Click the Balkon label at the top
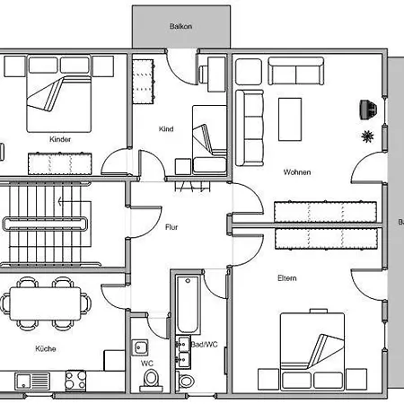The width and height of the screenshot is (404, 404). tap(180, 26)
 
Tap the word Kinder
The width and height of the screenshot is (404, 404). tap(60, 139)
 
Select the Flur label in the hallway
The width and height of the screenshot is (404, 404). tap(171, 227)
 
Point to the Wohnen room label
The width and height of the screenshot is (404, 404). tap(297, 172)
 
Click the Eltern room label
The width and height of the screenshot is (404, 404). tap(287, 278)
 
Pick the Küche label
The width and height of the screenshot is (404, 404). tap(46, 348)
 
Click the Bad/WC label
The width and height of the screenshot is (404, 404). tap(205, 345)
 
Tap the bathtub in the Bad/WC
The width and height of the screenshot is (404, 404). tap(188, 304)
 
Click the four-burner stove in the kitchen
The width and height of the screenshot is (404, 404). tap(75, 380)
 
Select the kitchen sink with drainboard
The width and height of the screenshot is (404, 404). tap(32, 381)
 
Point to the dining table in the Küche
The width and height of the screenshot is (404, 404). tap(45, 304)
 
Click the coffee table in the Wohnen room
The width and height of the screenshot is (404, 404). tap(290, 119)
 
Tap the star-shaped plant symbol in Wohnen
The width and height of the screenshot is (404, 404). tap(367, 136)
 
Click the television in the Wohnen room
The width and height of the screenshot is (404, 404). tap(368, 110)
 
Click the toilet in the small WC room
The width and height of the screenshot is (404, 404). tap(151, 381)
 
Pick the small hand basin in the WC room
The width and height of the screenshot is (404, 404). tap(140, 347)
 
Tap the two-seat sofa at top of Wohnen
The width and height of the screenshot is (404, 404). tap(295, 71)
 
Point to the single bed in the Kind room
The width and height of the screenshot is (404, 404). tap(209, 139)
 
